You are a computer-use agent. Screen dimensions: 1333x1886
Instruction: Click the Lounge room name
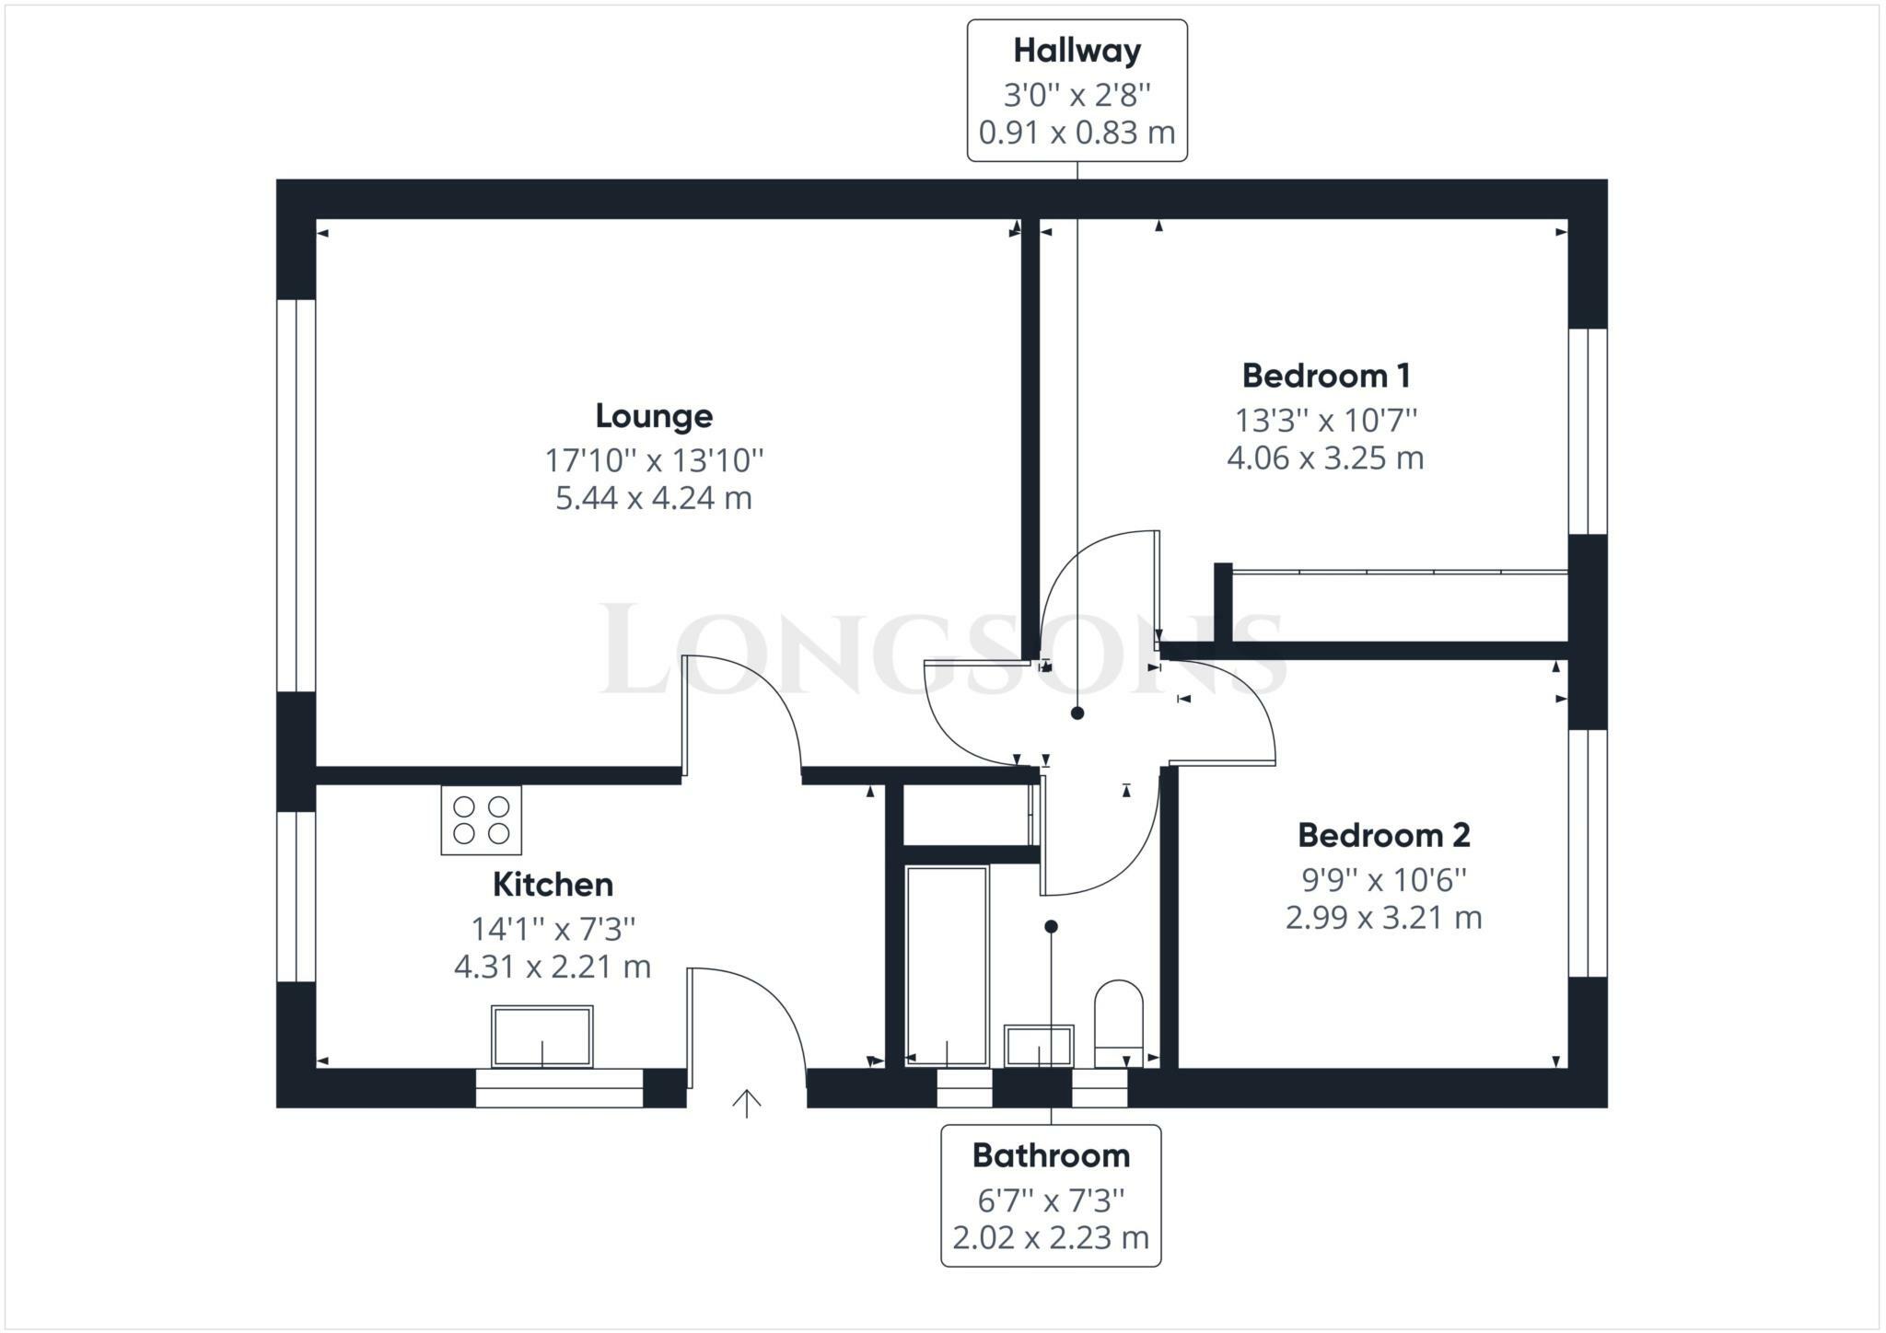click(654, 416)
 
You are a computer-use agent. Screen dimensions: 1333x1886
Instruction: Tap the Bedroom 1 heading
click(1325, 376)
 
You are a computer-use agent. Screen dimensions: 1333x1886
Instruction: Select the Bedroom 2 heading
click(1383, 835)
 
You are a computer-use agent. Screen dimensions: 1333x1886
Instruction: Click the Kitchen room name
click(553, 884)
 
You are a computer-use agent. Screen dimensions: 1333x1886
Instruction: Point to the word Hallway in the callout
click(1077, 51)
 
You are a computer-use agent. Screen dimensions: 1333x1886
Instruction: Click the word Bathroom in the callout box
click(1051, 1155)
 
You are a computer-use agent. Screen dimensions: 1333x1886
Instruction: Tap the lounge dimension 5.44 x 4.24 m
click(654, 498)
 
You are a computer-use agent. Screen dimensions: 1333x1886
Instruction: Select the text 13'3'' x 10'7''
click(1325, 420)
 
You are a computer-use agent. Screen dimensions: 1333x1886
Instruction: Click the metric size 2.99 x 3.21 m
click(1383, 918)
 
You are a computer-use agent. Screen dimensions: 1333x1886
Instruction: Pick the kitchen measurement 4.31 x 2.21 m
click(553, 967)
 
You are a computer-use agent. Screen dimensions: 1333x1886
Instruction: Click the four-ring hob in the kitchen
click(481, 820)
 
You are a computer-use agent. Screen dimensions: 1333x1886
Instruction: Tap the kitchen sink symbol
click(542, 1037)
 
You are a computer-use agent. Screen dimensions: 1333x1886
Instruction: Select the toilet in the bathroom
click(1118, 1022)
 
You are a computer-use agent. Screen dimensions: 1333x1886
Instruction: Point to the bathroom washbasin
click(1039, 1045)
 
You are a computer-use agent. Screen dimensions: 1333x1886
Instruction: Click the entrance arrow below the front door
click(746, 1103)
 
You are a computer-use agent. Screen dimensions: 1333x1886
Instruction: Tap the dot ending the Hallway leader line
click(1077, 713)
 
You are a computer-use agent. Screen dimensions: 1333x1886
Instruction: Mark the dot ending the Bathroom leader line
click(1051, 926)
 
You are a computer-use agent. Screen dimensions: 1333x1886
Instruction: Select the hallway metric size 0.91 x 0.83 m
click(1077, 133)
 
